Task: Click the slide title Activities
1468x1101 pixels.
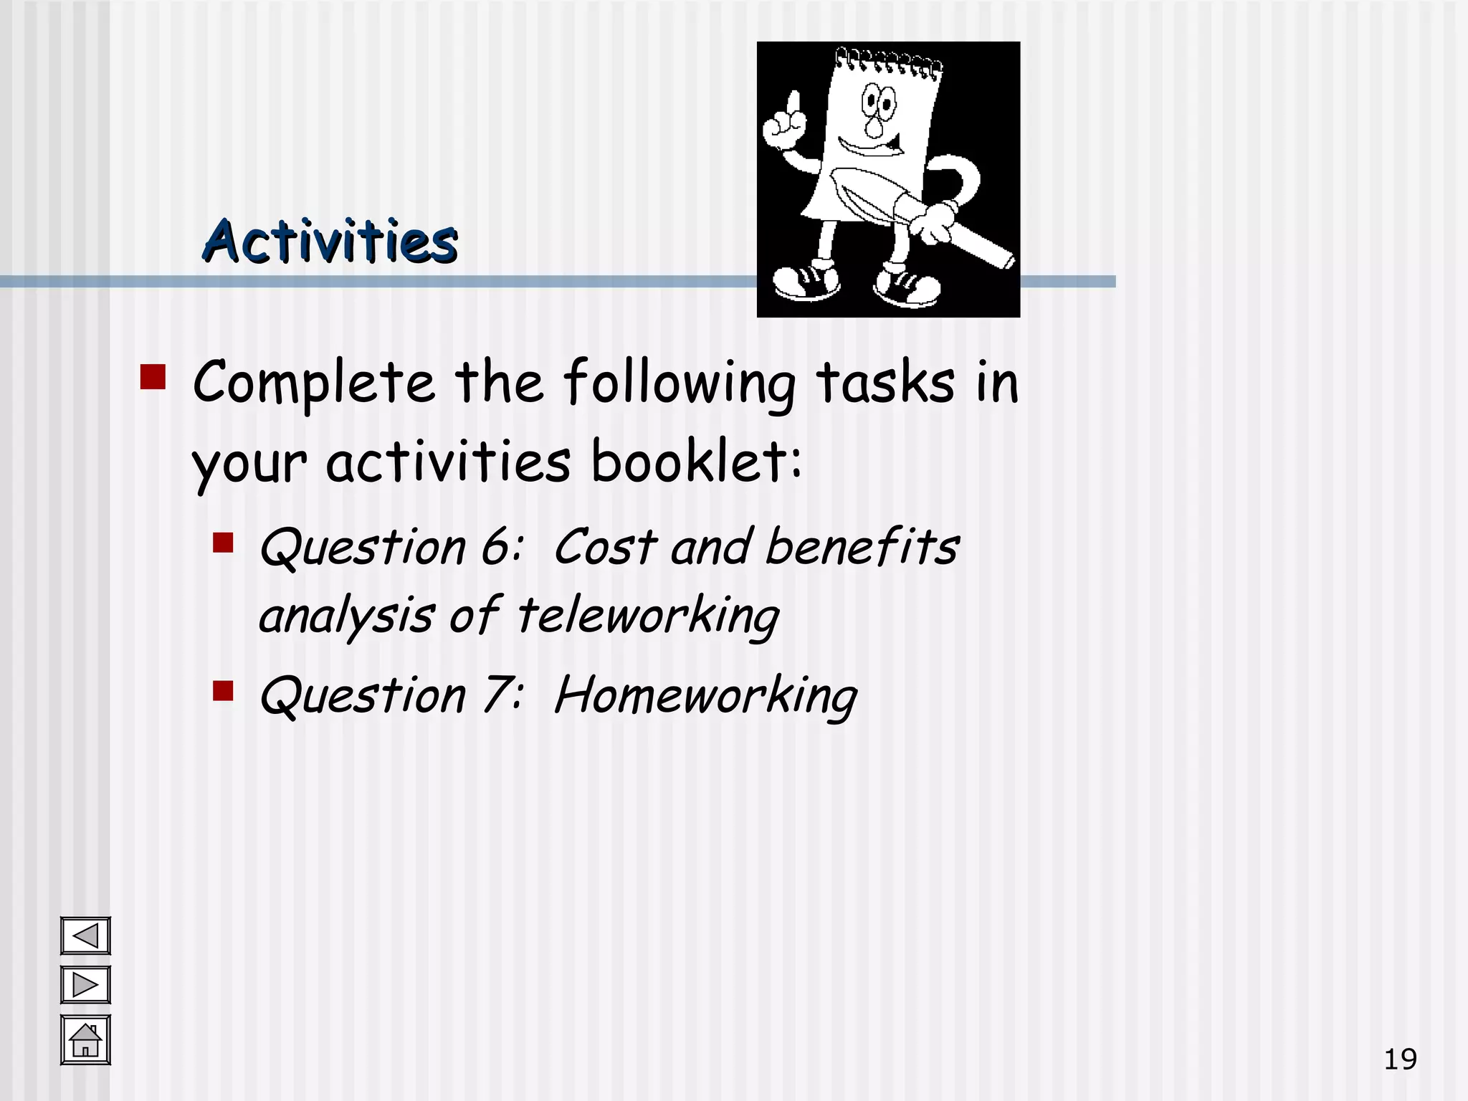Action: [330, 241]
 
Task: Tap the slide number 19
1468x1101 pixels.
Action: [1399, 1059]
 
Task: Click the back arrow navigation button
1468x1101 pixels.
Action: [85, 936]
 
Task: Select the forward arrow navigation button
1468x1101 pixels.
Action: [85, 985]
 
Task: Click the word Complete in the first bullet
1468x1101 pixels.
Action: [313, 383]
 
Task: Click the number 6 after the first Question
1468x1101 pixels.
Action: [495, 548]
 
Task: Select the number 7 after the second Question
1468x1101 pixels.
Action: [497, 695]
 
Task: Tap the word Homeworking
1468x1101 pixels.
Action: [705, 696]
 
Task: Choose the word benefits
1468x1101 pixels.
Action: [862, 547]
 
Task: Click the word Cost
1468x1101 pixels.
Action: [605, 548]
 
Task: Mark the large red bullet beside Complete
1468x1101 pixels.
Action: [153, 377]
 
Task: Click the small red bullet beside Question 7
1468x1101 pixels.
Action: [223, 691]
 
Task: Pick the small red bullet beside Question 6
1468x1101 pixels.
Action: [223, 543]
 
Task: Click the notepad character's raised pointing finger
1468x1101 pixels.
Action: [792, 105]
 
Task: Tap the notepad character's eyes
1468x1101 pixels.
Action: [878, 101]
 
